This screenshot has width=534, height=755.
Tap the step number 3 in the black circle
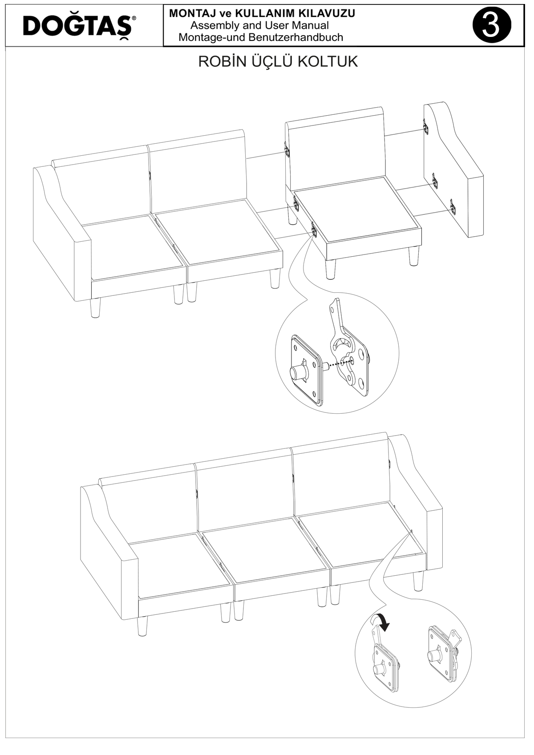click(x=492, y=25)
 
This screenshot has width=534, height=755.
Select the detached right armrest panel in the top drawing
click(x=453, y=170)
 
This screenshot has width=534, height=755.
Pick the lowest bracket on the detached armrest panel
click(x=453, y=206)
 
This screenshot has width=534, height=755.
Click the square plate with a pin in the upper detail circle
click(x=305, y=370)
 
